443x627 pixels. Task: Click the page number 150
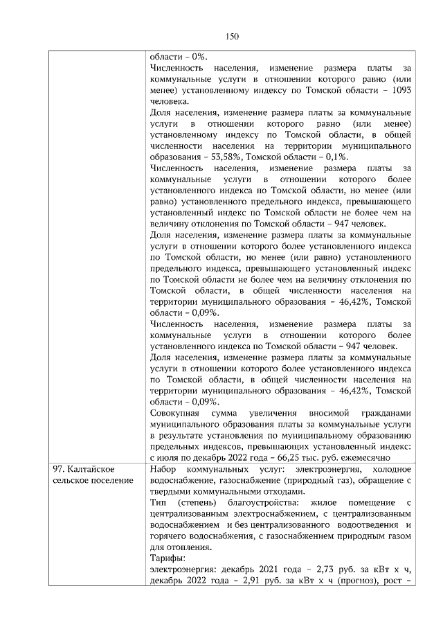[233, 36]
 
